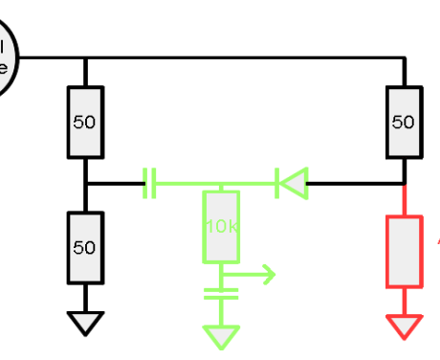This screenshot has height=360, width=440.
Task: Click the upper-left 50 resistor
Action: tap(85, 123)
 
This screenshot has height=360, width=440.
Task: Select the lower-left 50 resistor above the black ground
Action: tap(85, 247)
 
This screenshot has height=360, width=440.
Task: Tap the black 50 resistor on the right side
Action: tap(404, 122)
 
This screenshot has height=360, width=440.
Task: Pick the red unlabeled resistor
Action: tap(404, 252)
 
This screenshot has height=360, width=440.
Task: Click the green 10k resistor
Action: tap(221, 227)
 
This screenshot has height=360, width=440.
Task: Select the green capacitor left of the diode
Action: tap(148, 183)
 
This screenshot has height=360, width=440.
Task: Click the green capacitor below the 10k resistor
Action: tap(221, 293)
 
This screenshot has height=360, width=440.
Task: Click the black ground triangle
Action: tap(85, 324)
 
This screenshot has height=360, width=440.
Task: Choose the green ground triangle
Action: tap(221, 338)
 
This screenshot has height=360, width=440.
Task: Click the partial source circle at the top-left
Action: tap(6, 57)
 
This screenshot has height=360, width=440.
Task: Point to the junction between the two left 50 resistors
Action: tap(85, 183)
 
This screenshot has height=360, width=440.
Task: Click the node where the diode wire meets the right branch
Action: tap(404, 183)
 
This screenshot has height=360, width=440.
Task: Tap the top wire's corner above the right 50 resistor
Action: tap(404, 57)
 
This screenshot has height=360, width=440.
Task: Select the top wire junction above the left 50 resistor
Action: tap(85, 57)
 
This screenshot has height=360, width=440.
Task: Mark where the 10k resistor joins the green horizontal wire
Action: tap(221, 183)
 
